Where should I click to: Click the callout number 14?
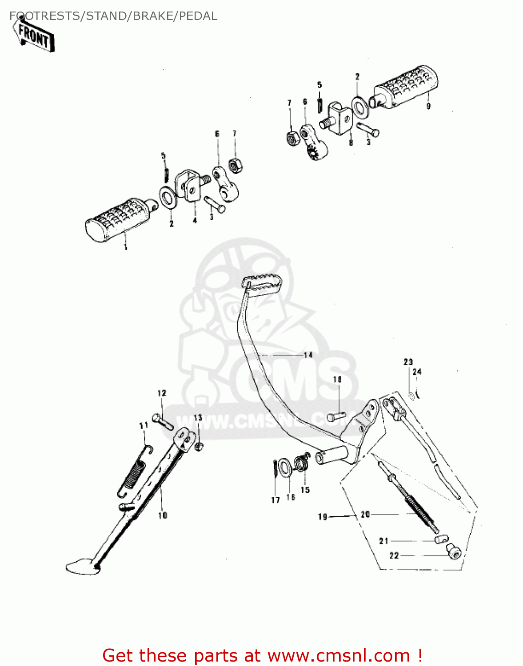click(308, 355)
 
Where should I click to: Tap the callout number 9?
click(428, 107)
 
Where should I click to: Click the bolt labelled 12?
click(162, 421)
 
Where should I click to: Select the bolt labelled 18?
click(336, 416)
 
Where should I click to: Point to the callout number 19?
click(323, 516)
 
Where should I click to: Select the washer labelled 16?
click(286, 467)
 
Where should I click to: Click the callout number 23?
click(408, 362)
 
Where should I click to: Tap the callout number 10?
click(163, 515)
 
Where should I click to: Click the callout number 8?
click(351, 143)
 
